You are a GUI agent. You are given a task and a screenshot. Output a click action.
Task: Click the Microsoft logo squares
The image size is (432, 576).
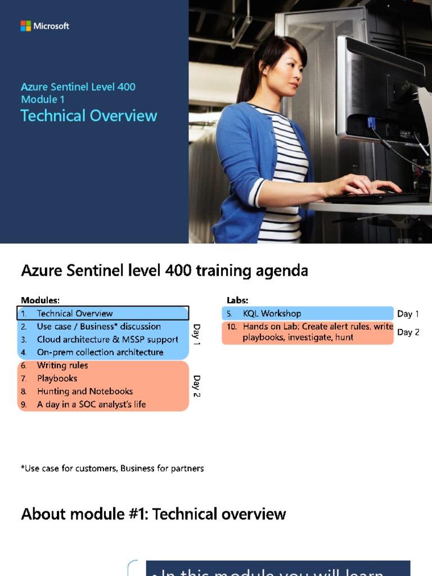click(x=25, y=26)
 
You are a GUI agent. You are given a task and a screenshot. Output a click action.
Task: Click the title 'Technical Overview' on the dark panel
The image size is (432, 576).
click(x=89, y=116)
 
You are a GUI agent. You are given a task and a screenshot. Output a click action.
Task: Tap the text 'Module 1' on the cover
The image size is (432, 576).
click(x=39, y=100)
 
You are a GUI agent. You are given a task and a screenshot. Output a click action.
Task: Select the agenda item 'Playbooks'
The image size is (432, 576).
click(x=57, y=379)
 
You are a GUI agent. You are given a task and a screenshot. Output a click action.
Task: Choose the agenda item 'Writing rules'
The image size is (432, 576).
click(x=62, y=366)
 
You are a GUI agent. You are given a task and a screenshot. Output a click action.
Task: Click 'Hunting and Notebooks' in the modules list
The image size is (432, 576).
click(x=85, y=391)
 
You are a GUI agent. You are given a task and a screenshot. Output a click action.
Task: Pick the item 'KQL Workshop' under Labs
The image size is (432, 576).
click(x=272, y=314)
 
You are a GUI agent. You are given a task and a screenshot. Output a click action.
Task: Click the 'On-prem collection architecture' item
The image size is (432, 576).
click(x=100, y=353)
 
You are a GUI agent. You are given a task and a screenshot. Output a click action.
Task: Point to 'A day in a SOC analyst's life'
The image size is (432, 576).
click(x=91, y=404)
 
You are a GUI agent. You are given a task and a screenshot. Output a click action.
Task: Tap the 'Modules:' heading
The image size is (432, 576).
click(x=40, y=300)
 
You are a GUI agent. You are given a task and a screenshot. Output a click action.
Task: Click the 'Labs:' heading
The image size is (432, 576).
click(x=237, y=300)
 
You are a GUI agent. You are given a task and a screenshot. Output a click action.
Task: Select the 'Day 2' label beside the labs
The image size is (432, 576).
click(x=408, y=332)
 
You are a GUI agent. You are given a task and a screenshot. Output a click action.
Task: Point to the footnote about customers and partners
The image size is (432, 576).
click(x=112, y=469)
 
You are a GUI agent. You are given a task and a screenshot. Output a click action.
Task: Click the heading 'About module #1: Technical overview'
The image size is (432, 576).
click(x=154, y=514)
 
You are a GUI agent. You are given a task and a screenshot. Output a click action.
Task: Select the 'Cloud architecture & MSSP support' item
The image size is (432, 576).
click(x=107, y=340)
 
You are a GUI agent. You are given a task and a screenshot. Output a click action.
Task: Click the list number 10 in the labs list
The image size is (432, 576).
click(x=232, y=327)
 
